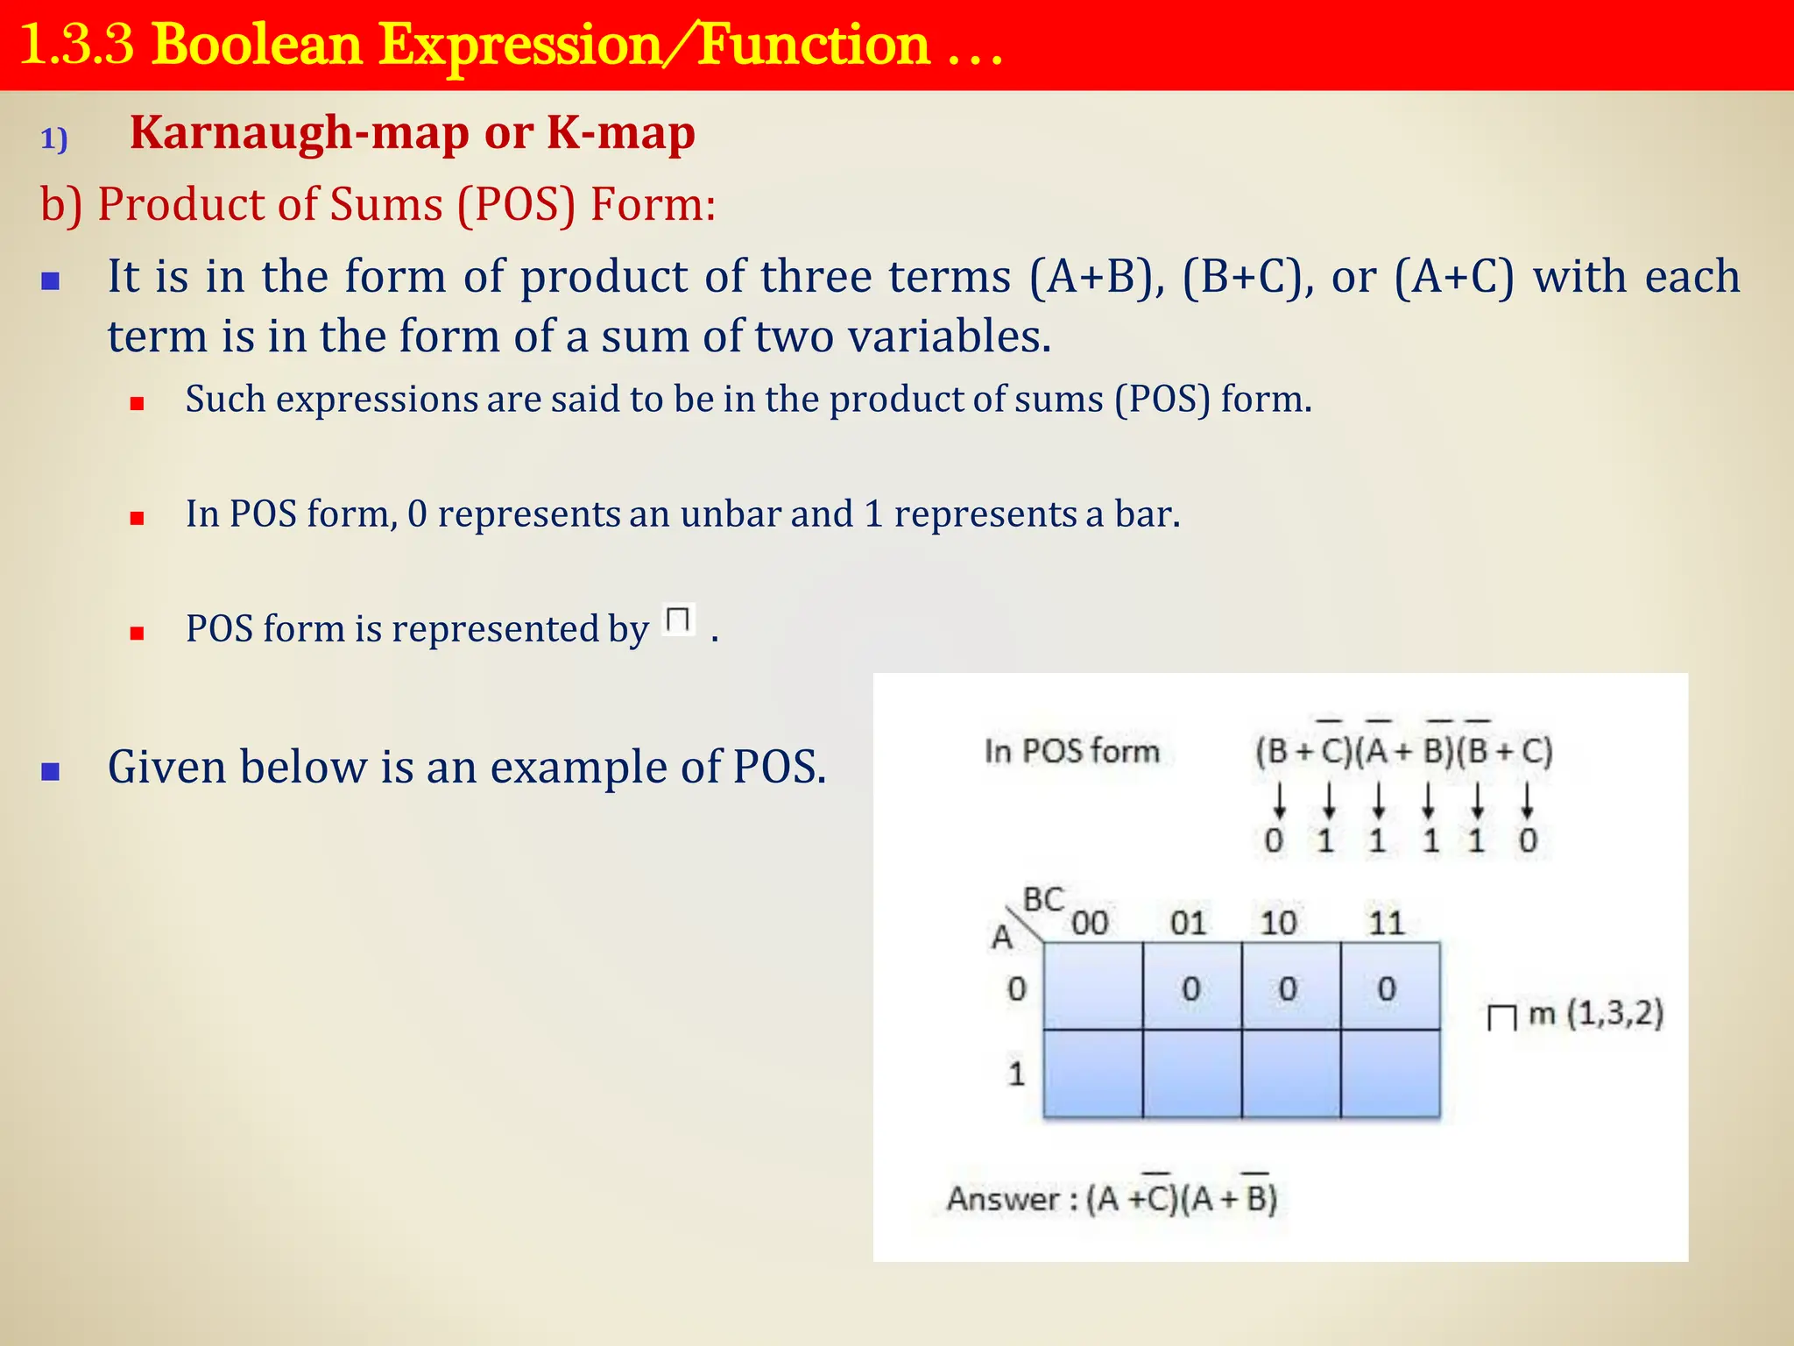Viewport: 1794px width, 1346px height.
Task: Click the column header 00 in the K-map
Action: click(1090, 923)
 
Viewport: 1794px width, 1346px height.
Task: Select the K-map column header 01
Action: click(1188, 923)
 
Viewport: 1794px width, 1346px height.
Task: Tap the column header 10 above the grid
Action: click(1278, 923)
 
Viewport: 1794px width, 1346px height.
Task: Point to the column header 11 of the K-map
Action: click(1386, 923)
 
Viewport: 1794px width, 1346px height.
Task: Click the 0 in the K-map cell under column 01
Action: click(1190, 989)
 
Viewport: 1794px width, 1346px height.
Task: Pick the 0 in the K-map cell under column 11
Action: click(1386, 989)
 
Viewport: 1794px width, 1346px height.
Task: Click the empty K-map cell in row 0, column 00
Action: click(1092, 987)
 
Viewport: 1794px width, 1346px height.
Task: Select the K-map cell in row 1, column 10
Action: click(1290, 1073)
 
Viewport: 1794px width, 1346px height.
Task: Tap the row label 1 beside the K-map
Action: click(1016, 1073)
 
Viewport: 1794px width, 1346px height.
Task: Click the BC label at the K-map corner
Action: click(1043, 900)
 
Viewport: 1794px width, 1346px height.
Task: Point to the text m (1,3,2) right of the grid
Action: click(1595, 1014)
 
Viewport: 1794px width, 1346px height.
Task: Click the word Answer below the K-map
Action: click(1003, 1199)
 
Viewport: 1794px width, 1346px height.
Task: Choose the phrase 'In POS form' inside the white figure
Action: click(1071, 751)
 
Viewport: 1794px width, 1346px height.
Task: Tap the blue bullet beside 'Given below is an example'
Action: click(51, 771)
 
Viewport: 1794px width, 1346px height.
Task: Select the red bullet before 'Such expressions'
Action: click(137, 404)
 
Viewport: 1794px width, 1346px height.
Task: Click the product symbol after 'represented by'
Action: click(678, 620)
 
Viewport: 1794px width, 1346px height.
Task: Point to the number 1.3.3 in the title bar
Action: click(76, 45)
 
